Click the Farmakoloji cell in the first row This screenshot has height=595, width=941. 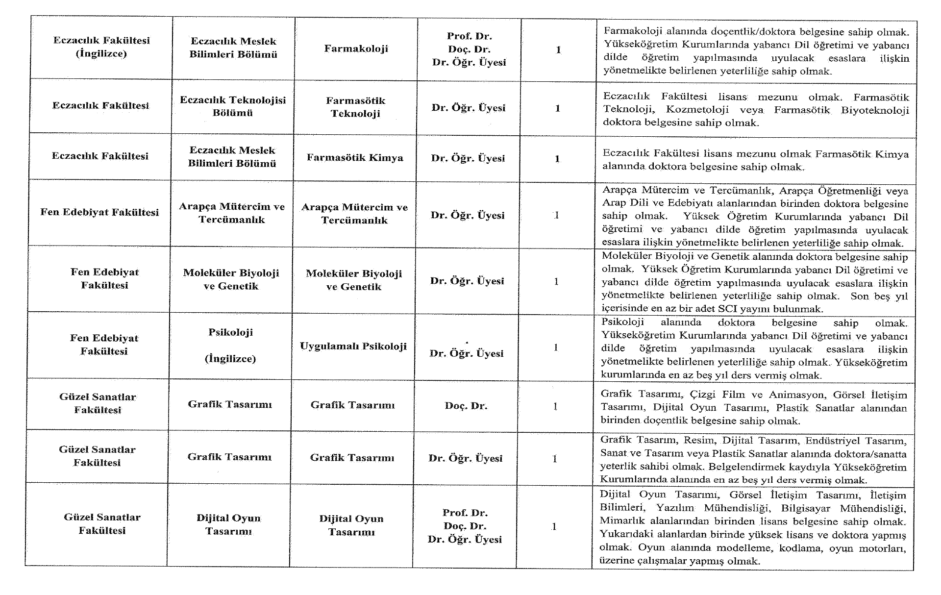[x=356, y=49]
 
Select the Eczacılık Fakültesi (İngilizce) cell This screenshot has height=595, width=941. [x=101, y=47]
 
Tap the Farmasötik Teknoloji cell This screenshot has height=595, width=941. [x=355, y=107]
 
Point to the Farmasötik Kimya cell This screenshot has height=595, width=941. [x=355, y=157]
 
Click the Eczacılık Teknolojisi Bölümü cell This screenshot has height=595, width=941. [x=233, y=106]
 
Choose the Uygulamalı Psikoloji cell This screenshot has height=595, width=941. [x=353, y=346]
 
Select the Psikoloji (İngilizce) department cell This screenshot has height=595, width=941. [x=230, y=345]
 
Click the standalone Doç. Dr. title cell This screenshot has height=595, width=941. [x=466, y=406]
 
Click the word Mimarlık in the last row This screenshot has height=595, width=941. [x=619, y=521]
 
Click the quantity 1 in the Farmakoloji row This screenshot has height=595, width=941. [x=558, y=50]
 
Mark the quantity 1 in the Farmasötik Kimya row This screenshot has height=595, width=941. [x=557, y=159]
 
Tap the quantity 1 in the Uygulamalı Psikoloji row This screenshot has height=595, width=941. [x=556, y=347]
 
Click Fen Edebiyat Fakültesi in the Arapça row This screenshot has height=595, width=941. [x=99, y=212]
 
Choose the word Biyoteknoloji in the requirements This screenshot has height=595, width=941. [x=875, y=110]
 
